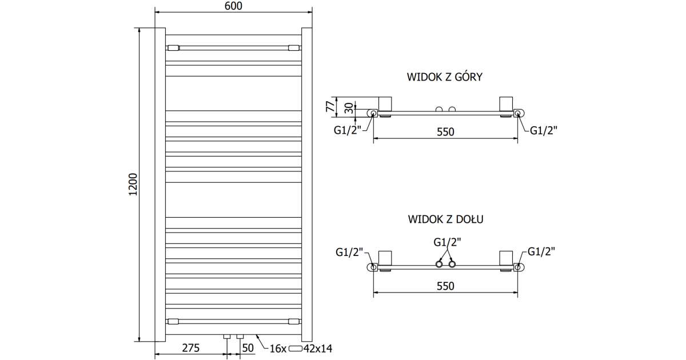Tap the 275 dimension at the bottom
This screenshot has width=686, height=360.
click(190, 347)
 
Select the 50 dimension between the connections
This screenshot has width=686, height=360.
click(248, 347)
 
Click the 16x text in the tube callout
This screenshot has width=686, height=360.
click(278, 347)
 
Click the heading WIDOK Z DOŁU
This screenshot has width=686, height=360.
click(445, 219)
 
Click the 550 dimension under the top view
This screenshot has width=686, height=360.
click(445, 132)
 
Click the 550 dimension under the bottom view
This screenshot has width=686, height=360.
click(445, 286)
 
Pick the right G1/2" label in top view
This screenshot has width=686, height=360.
click(543, 130)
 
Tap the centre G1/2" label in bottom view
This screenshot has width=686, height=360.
click(446, 242)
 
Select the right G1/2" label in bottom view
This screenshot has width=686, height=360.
click(541, 251)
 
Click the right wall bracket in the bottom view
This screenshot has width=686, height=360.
click(506, 259)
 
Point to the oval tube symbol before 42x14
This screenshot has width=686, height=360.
click(296, 347)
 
